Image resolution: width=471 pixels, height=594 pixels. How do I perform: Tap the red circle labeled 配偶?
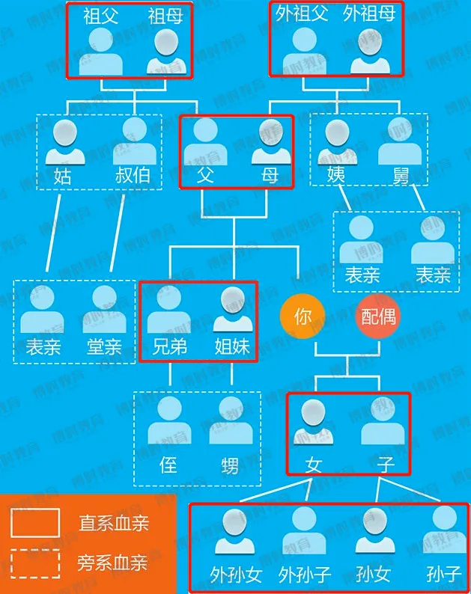coord(378,316)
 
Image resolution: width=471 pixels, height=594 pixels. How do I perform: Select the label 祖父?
coord(100,16)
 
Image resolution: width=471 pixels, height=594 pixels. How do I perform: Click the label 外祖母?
coord(368,14)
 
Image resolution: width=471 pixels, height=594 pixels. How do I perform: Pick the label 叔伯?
coord(133,175)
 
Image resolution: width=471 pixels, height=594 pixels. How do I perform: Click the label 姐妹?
coord(233,346)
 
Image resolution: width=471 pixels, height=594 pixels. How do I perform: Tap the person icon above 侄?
coord(169,420)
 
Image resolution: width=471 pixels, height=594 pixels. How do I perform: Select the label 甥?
coord(230,465)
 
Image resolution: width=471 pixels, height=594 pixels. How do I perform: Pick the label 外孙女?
coord(235,575)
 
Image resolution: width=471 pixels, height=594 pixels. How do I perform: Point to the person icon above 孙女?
coord(374,530)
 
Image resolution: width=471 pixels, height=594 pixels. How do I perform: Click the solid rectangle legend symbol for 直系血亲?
coord(35,522)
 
